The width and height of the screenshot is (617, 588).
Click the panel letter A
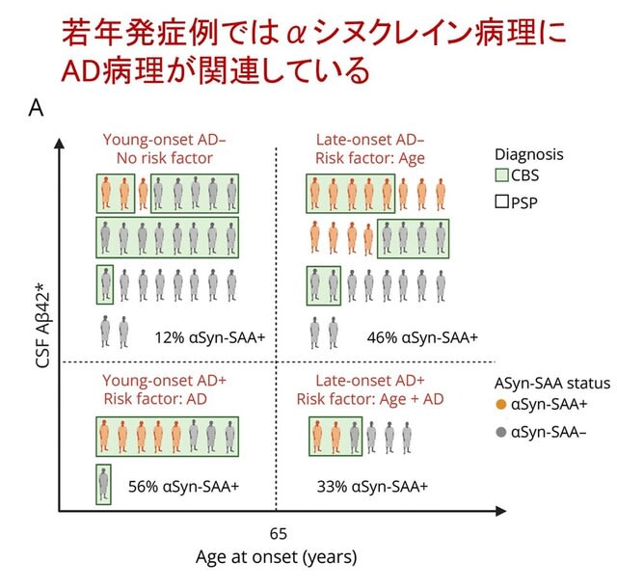(x=36, y=107)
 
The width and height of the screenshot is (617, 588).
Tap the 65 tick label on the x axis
(x=279, y=534)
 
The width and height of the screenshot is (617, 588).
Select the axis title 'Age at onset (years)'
(x=277, y=557)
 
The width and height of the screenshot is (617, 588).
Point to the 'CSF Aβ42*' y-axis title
(x=43, y=325)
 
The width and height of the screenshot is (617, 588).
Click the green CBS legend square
(x=501, y=174)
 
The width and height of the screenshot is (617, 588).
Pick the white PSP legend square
(x=501, y=201)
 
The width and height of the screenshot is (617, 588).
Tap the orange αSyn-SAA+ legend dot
(x=501, y=404)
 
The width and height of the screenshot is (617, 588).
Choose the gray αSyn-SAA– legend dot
(x=501, y=432)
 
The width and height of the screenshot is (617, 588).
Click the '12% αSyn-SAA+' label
(x=210, y=337)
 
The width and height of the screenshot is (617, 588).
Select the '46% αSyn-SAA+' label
(x=422, y=337)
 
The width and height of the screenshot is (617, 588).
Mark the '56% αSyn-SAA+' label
(x=183, y=487)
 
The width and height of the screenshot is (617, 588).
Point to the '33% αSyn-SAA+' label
(x=372, y=487)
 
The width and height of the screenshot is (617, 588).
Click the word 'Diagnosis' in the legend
(x=529, y=154)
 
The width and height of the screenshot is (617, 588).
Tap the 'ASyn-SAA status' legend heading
(x=552, y=383)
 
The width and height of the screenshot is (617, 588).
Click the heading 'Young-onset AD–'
(x=165, y=140)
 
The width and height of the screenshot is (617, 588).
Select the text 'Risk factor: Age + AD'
(x=370, y=399)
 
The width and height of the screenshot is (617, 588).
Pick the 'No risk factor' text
(x=165, y=158)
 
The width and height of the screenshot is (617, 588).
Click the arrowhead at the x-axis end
(x=501, y=511)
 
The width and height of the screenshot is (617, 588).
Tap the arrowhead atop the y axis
(x=59, y=144)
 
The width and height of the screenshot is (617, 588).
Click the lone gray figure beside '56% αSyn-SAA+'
(x=103, y=484)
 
